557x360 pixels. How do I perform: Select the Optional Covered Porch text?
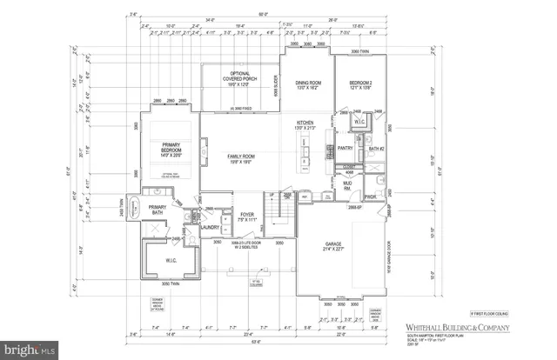pos(238,79)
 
